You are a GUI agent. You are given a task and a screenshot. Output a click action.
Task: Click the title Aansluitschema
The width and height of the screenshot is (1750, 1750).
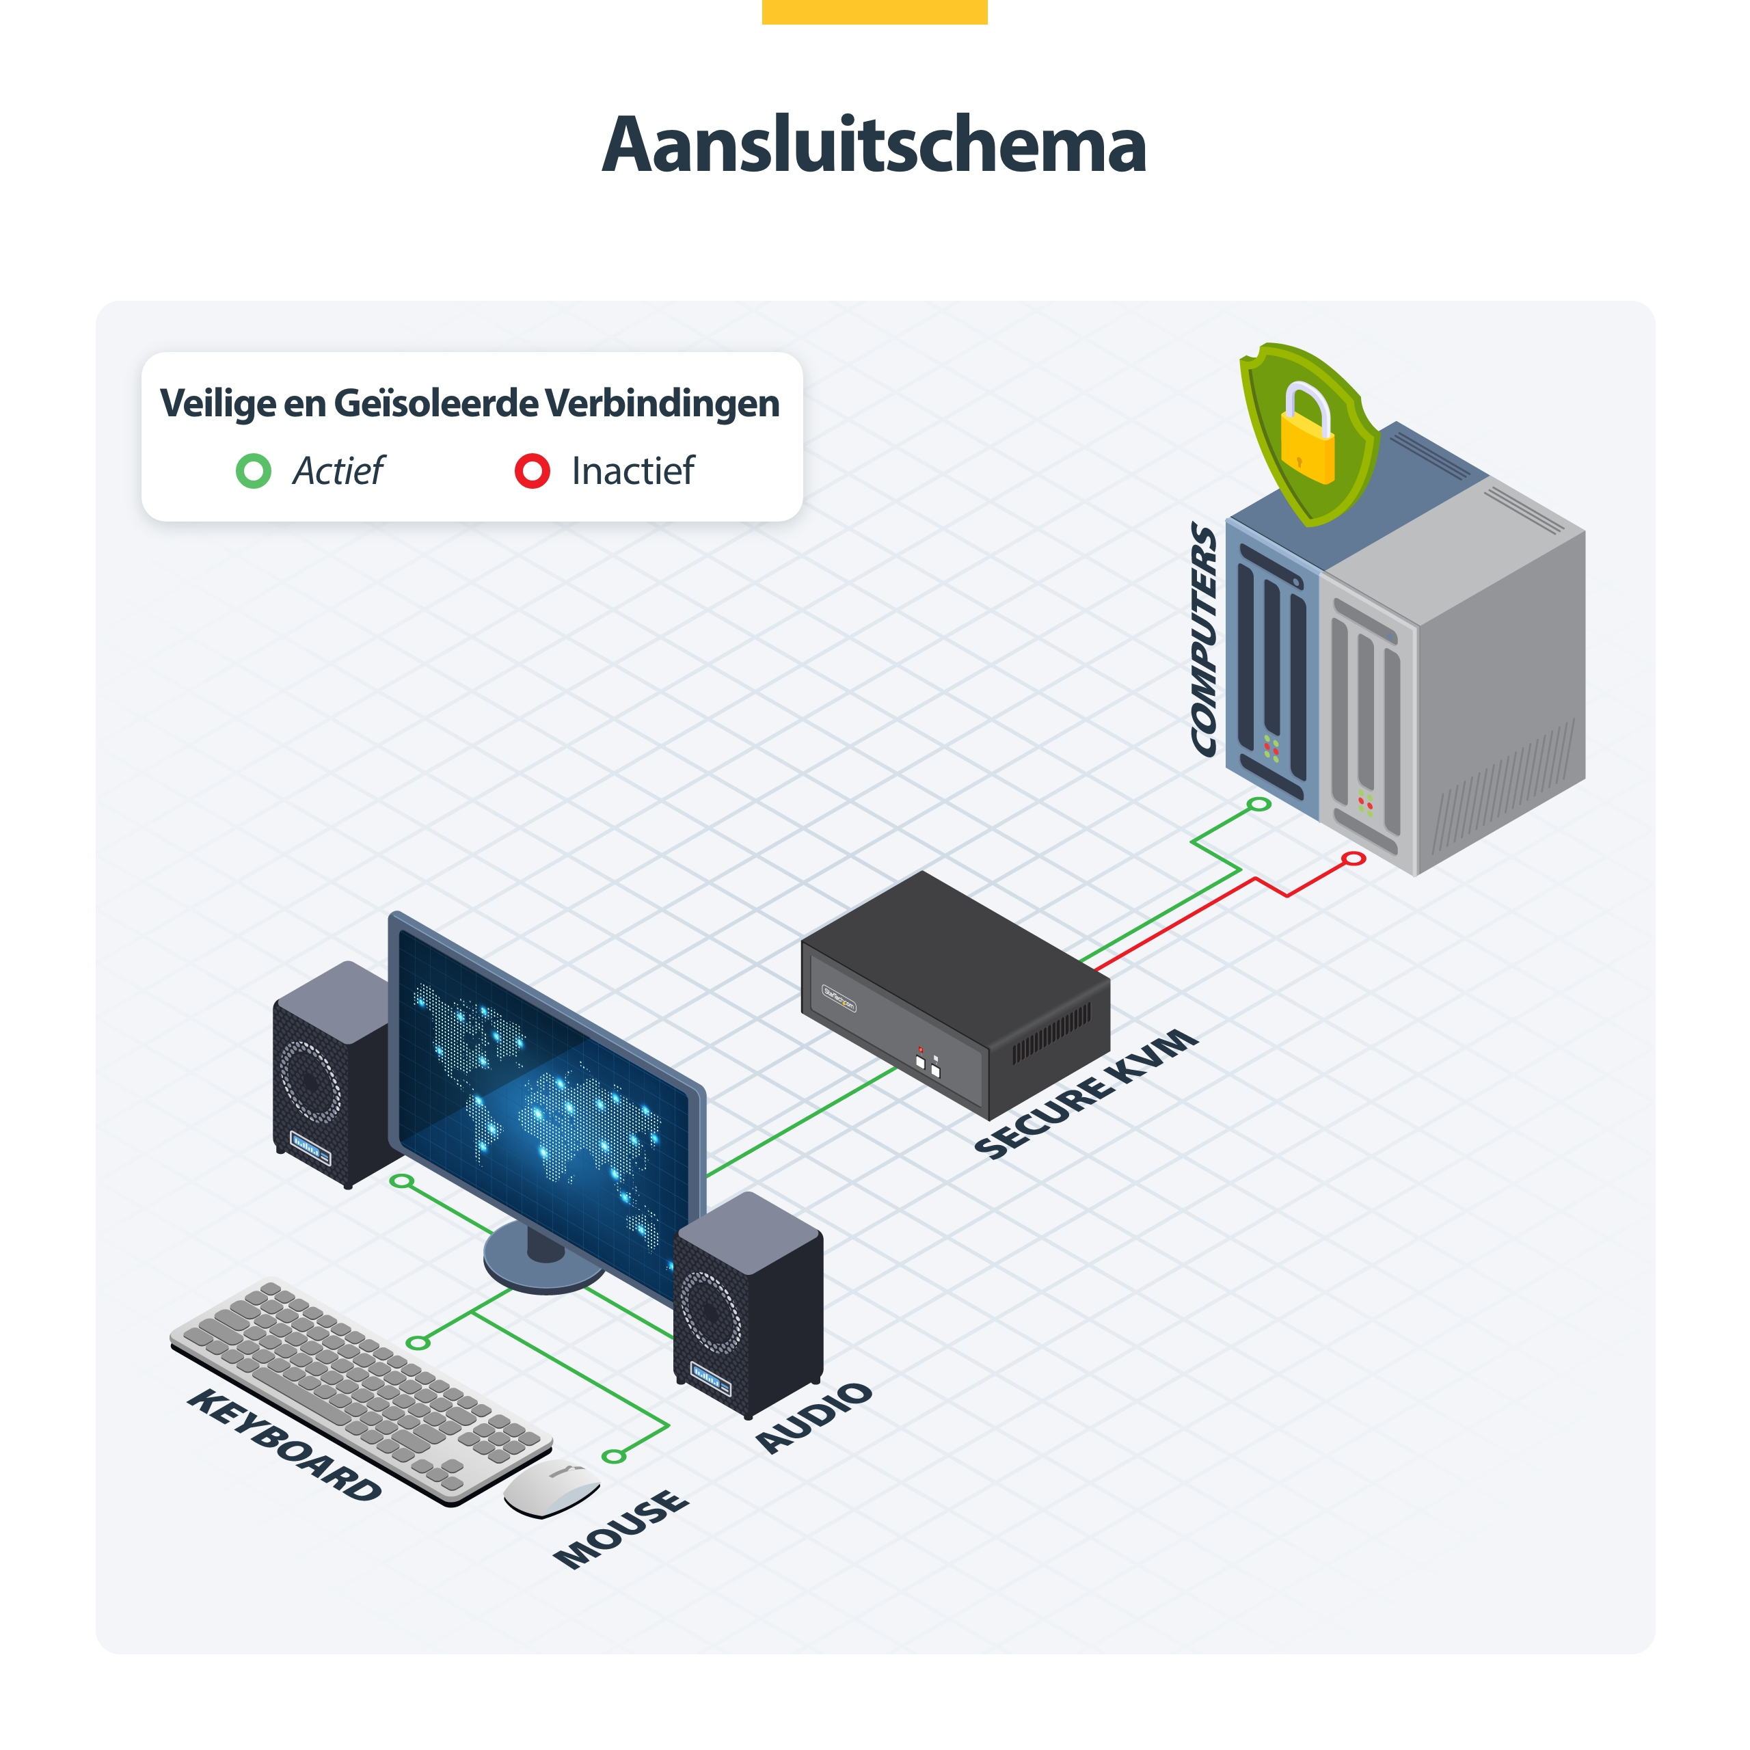click(874, 145)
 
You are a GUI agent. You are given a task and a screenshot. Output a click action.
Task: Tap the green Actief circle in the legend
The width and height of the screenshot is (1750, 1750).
click(254, 471)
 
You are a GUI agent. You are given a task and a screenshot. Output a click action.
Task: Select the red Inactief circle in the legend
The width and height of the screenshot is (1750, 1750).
click(533, 471)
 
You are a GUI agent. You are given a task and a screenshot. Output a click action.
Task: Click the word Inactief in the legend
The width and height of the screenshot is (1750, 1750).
click(633, 471)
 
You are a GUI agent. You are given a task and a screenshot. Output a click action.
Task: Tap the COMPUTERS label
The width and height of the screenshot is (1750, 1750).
click(1204, 639)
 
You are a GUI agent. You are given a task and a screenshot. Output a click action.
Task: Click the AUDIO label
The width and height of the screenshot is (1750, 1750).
click(814, 1418)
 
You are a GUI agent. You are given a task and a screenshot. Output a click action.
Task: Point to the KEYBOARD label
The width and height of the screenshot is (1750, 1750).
click(284, 1444)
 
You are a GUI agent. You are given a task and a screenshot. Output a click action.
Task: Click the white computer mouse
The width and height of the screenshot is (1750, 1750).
click(552, 1488)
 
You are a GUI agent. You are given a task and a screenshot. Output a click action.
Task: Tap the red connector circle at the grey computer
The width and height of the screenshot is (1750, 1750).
click(1354, 858)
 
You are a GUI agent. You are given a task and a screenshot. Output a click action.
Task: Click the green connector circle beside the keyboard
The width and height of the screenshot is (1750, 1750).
click(418, 1343)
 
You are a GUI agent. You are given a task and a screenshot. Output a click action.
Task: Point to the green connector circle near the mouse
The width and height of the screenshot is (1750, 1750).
click(614, 1457)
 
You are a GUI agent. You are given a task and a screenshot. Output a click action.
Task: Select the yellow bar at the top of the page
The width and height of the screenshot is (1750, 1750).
click(874, 12)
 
